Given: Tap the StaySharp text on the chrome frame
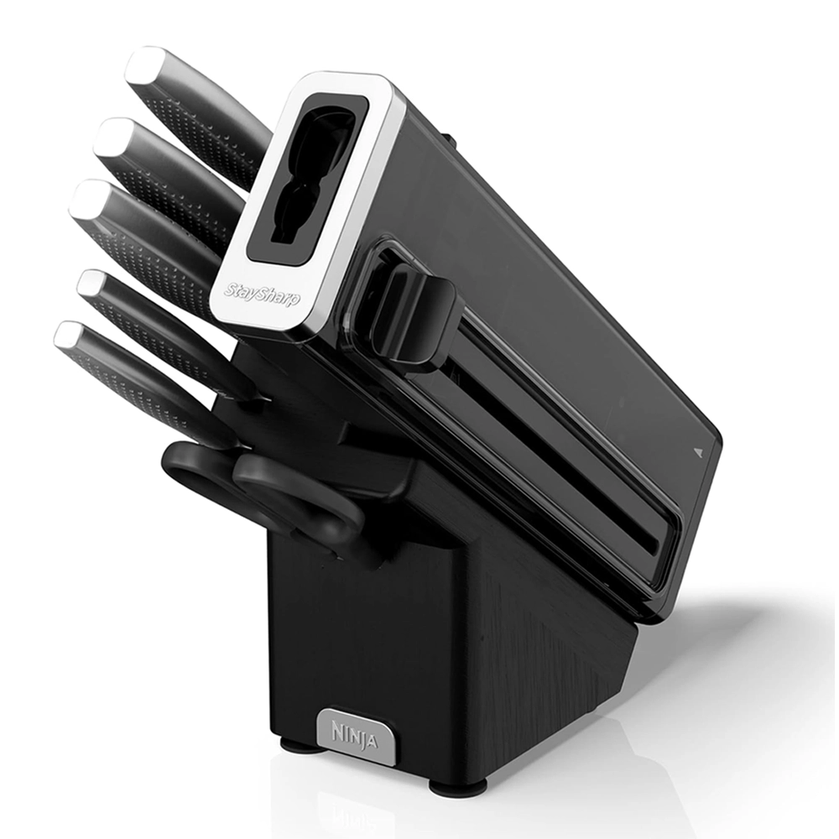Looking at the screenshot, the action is [x=262, y=294].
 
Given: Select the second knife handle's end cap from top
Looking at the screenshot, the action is [x=114, y=137].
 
